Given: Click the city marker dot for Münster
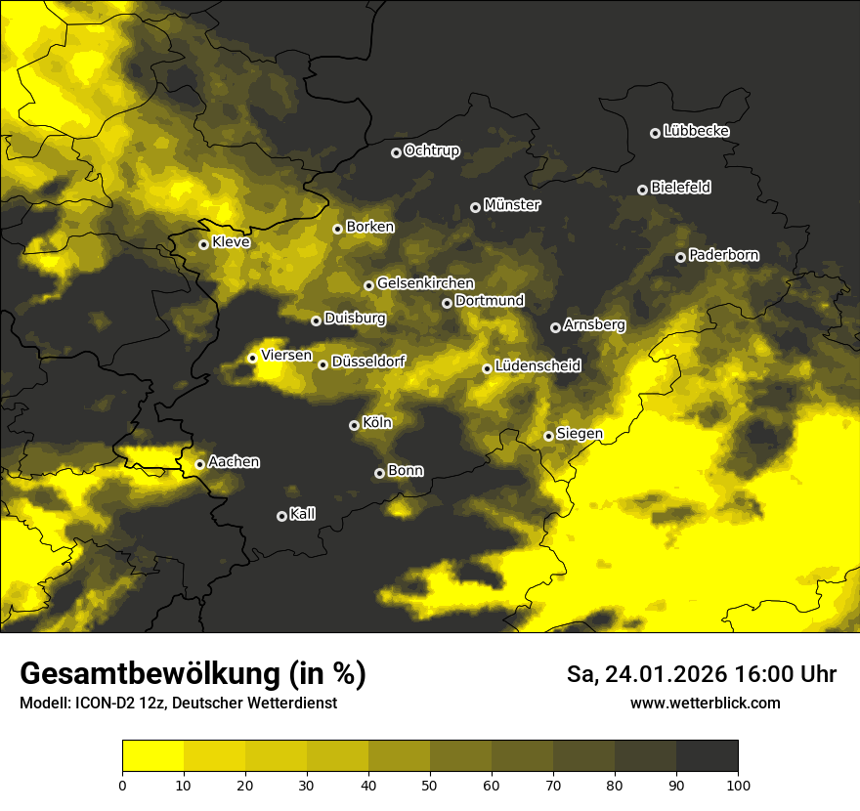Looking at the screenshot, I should coord(476,207).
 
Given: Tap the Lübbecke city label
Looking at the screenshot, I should coord(696,131).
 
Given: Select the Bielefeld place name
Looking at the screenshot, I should coord(680,187).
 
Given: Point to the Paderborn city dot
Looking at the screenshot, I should coord(681,257).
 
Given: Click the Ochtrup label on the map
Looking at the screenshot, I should coord(431,150).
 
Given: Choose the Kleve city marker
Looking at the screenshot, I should coord(204,244).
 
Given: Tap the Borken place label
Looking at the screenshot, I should coord(369,227).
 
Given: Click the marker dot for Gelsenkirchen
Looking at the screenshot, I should coord(369,285).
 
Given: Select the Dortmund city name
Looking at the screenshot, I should coord(490,301).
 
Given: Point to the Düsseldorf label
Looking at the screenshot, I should coord(367,362).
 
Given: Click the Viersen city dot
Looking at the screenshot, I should coord(253,358).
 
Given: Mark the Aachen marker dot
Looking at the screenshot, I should coord(200,464).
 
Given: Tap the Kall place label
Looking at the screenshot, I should coord(302,514).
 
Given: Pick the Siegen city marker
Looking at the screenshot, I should coord(549,436).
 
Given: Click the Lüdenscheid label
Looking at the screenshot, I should coord(537,366).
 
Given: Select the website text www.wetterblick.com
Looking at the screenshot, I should coord(705,703).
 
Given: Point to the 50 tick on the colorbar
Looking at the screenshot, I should coord(430,785).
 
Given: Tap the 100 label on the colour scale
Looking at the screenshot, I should coord(738,785).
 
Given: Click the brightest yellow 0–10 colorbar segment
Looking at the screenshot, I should coord(153,756).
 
